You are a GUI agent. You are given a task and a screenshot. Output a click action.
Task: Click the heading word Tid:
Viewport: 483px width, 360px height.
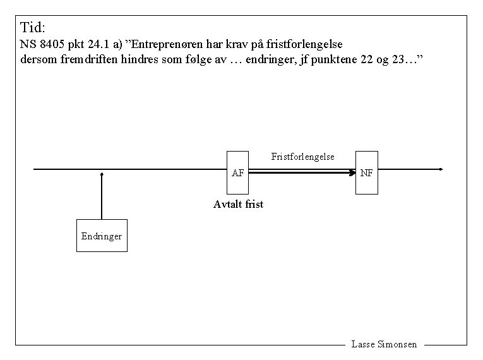(33, 28)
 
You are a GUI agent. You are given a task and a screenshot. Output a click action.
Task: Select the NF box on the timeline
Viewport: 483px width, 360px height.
(367, 172)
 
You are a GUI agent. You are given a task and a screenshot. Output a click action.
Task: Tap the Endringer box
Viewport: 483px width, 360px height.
(102, 236)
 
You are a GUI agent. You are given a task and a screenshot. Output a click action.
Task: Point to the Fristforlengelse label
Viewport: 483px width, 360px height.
(302, 156)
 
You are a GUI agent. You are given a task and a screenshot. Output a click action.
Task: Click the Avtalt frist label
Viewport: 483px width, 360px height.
(238, 204)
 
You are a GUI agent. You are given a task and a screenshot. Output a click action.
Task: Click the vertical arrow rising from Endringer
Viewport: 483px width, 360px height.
(101, 196)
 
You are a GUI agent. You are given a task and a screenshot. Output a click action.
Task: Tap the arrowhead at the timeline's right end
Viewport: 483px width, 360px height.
(440, 169)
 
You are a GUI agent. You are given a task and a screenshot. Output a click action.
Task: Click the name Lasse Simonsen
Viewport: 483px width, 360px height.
(384, 344)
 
